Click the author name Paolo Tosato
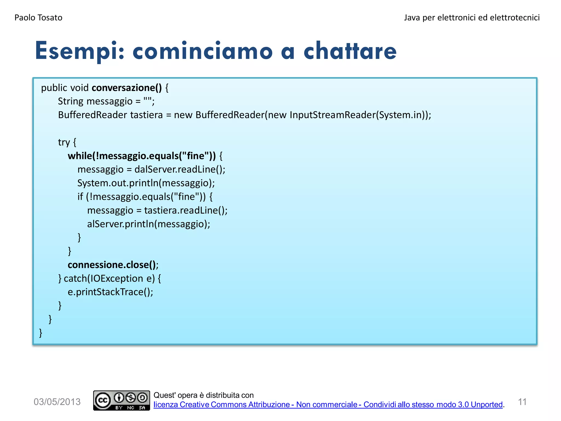click(38, 18)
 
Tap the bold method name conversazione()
click(127, 88)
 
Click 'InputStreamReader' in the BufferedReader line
click(332, 115)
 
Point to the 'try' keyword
click(64, 142)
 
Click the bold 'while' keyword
click(80, 156)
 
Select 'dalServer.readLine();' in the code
click(180, 169)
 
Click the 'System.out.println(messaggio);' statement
click(146, 183)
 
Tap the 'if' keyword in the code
click(80, 197)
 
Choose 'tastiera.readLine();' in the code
click(186, 210)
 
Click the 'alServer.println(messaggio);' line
click(148, 224)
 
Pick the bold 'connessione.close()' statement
click(112, 265)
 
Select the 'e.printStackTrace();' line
click(110, 292)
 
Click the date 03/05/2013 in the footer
click(57, 402)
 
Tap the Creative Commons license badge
click(121, 400)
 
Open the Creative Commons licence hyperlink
click(328, 405)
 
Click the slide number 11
click(522, 402)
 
